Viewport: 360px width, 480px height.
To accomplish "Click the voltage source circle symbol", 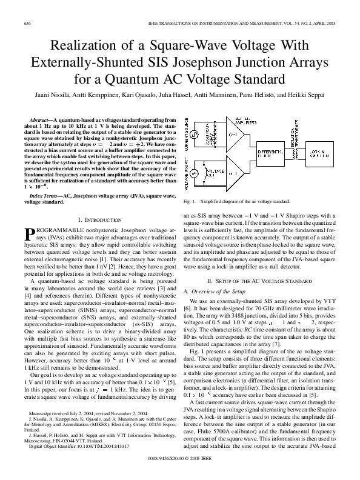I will tap(192, 173).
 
